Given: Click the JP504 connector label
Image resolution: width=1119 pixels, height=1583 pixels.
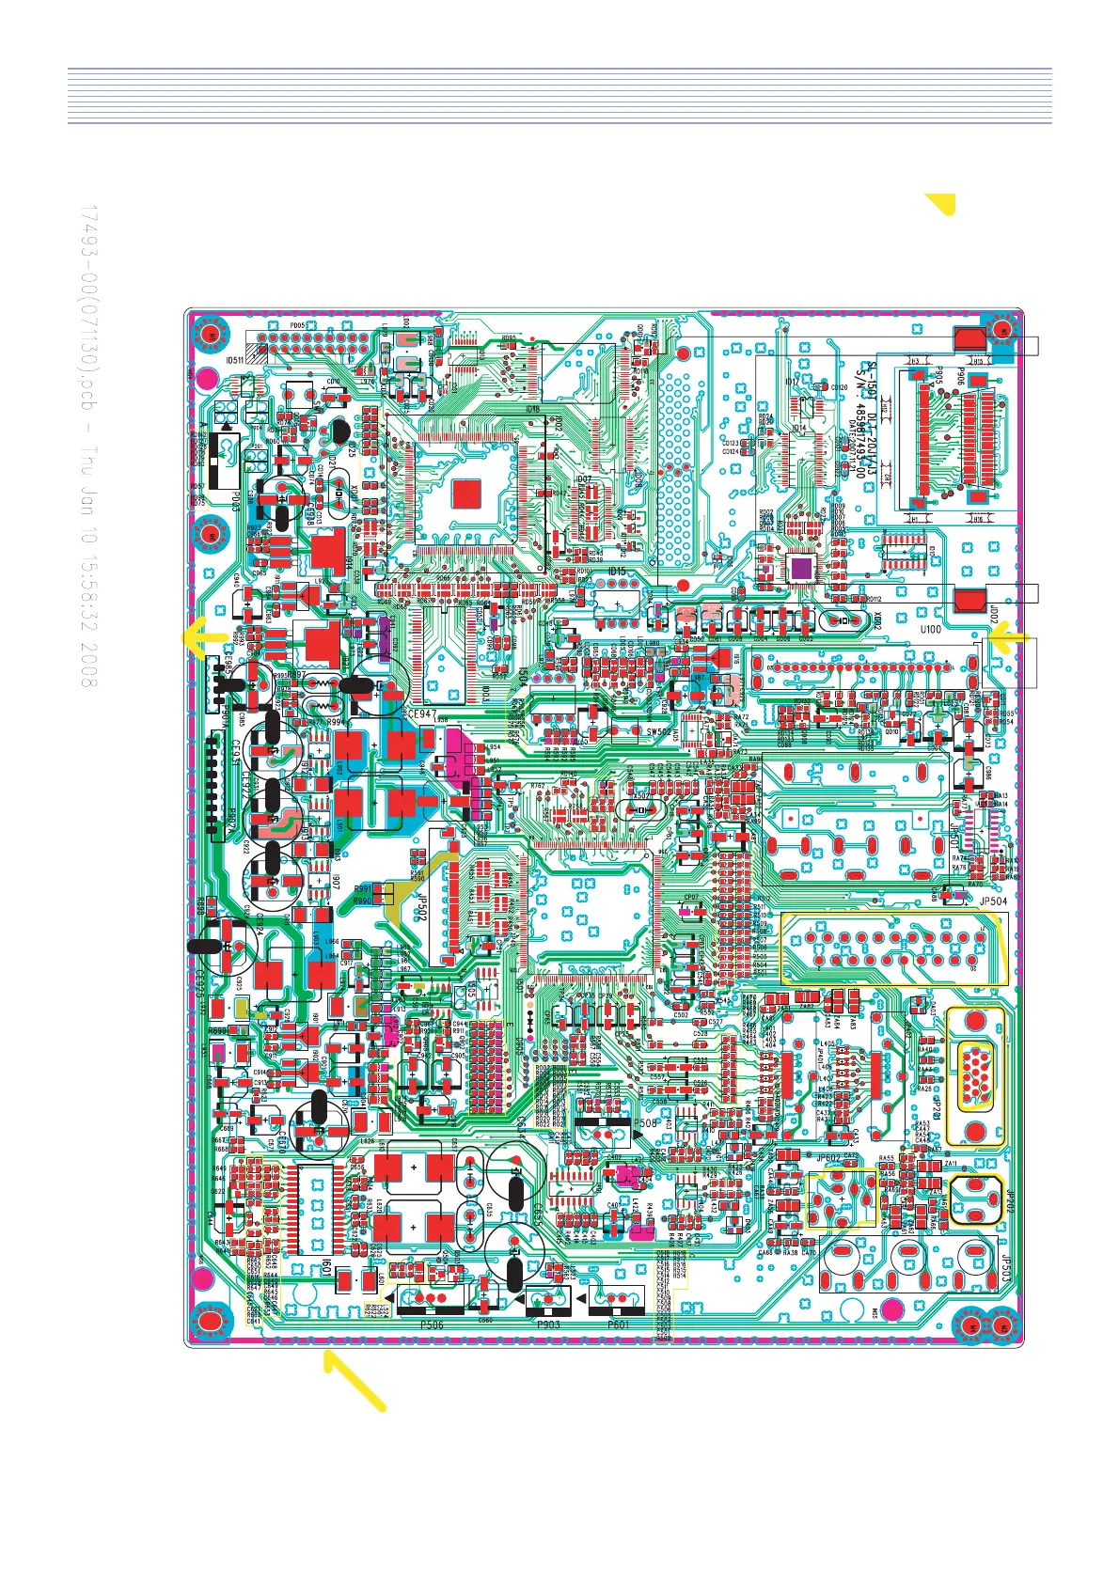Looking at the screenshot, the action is tap(993, 901).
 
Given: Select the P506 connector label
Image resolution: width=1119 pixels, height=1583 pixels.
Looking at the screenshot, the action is tap(432, 1324).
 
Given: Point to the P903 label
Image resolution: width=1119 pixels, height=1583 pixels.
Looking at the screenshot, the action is tap(548, 1324).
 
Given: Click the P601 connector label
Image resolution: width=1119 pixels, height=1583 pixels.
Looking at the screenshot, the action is tap(618, 1324).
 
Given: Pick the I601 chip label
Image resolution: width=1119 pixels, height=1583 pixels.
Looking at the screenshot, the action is tap(327, 1268).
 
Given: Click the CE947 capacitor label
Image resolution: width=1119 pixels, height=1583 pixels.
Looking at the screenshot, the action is tap(421, 714).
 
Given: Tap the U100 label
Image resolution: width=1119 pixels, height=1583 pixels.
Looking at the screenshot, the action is tap(930, 630).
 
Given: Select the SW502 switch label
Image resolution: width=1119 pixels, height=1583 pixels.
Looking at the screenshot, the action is tap(659, 731).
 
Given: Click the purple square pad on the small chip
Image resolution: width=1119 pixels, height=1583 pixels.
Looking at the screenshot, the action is tap(801, 568).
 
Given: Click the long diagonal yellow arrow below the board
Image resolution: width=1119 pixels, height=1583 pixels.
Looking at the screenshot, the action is tap(355, 1380).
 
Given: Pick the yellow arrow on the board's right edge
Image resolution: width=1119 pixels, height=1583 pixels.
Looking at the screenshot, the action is tap(1011, 639).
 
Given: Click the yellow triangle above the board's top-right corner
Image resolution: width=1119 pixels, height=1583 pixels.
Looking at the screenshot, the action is tap(941, 202).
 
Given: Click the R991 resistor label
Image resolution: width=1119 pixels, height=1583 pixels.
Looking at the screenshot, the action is tap(362, 888).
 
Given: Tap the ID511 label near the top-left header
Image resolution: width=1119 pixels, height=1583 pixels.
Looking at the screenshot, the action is tap(235, 360).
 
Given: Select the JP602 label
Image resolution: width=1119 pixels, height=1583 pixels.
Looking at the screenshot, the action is tap(828, 1159).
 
